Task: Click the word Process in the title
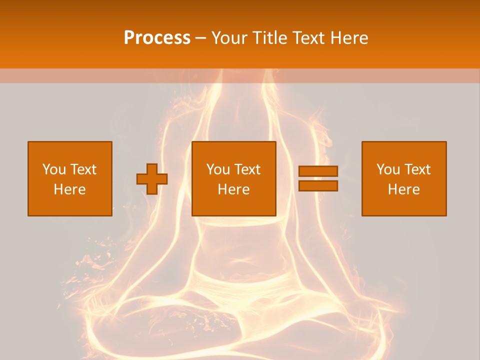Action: [157, 38]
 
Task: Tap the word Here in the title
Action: [349, 38]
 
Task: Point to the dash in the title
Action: [200, 38]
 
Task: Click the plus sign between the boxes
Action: [152, 178]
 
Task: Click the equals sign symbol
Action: [318, 178]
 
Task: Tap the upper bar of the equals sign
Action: [318, 171]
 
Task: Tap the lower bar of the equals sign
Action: [318, 186]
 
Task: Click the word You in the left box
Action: [54, 169]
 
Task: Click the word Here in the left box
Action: [70, 189]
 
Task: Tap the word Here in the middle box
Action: [234, 189]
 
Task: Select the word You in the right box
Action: [388, 169]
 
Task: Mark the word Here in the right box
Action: [404, 189]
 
